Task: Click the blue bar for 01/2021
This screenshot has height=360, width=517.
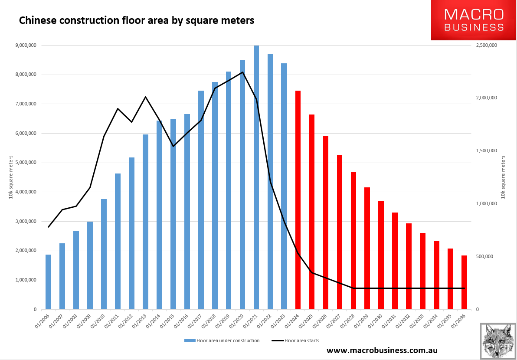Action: click(x=256, y=177)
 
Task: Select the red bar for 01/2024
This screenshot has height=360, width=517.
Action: click(x=298, y=200)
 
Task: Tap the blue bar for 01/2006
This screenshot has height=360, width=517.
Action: click(x=48, y=282)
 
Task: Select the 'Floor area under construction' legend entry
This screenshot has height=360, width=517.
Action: click(x=222, y=340)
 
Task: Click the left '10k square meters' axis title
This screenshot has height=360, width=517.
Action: click(x=11, y=177)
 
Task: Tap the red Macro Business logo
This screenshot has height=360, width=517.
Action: click(x=474, y=20)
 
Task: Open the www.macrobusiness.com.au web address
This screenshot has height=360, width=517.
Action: click(x=382, y=350)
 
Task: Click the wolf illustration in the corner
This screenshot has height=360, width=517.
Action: click(x=498, y=341)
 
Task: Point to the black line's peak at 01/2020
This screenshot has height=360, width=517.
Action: click(x=242, y=72)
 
